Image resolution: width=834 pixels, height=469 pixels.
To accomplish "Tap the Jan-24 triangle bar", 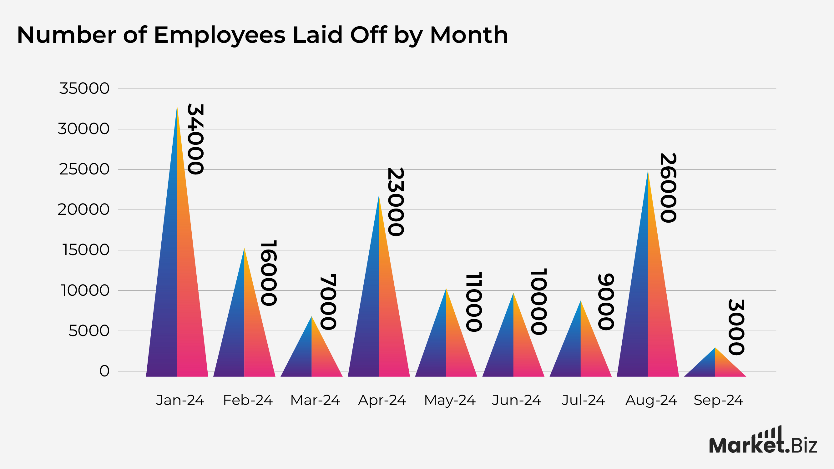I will pyautogui.click(x=177, y=291).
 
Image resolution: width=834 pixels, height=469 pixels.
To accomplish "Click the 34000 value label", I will pyautogui.click(x=195, y=139).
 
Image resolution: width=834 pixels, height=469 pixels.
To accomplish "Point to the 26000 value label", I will pyautogui.click(x=668, y=188).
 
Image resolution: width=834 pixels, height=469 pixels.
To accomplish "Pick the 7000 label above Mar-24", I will pyautogui.click(x=328, y=302).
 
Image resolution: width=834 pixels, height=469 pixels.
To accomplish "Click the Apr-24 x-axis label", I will pyautogui.click(x=382, y=401).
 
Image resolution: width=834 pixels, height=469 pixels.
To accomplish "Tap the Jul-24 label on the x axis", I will pyautogui.click(x=584, y=401).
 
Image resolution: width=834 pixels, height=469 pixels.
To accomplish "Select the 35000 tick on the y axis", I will pyautogui.click(x=84, y=88).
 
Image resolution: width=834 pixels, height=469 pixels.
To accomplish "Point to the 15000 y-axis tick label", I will pyautogui.click(x=86, y=250).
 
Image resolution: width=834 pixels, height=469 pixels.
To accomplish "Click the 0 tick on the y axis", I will pyautogui.click(x=104, y=371).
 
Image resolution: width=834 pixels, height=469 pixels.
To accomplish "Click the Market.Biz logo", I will pyautogui.click(x=763, y=442).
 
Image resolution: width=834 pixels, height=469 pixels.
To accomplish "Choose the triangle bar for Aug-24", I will pyautogui.click(x=648, y=307).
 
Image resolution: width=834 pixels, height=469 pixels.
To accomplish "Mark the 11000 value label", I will pyautogui.click(x=474, y=302).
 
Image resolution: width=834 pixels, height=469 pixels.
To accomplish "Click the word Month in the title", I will pyautogui.click(x=469, y=35).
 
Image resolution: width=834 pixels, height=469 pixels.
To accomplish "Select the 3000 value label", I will pyautogui.click(x=736, y=327).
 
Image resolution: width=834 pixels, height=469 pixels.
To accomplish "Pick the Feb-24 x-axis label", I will pyautogui.click(x=248, y=401).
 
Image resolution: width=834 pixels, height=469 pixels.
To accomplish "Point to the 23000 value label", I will pyautogui.click(x=395, y=202).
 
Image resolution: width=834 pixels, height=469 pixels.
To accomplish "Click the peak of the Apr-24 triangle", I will pyautogui.click(x=379, y=196).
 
